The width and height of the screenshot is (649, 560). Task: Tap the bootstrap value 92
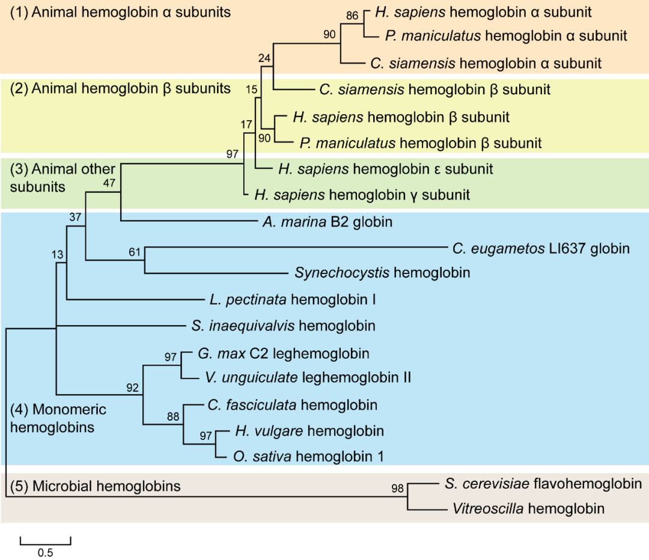coord(132,388)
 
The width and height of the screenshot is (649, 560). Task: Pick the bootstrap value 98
coord(397,488)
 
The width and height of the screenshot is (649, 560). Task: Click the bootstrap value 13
coord(57,255)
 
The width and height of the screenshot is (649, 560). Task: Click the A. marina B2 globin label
coord(327,222)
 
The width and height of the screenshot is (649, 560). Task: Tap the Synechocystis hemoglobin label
coord(382,273)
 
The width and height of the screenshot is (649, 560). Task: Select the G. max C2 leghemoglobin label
coord(283,353)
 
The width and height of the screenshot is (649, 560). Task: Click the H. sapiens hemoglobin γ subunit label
coord(362,195)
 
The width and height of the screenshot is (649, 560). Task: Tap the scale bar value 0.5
coord(46,553)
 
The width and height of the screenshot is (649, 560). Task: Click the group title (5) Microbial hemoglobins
coord(94,485)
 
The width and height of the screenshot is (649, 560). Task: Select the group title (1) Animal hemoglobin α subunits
coord(120,12)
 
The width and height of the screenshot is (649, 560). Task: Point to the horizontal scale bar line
coord(46,543)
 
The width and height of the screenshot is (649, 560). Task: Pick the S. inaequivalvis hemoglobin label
coord(284,326)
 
